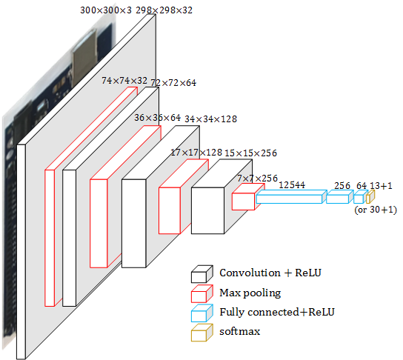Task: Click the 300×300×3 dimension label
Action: point(106,10)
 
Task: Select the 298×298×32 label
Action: point(164,10)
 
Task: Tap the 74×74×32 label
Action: point(124,81)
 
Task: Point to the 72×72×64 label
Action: point(173,83)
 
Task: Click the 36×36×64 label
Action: point(158,118)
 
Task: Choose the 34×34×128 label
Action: point(210,119)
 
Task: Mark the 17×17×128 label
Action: point(196,153)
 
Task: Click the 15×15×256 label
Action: point(251,153)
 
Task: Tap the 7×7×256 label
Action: point(258,179)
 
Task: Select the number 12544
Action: point(292,185)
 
